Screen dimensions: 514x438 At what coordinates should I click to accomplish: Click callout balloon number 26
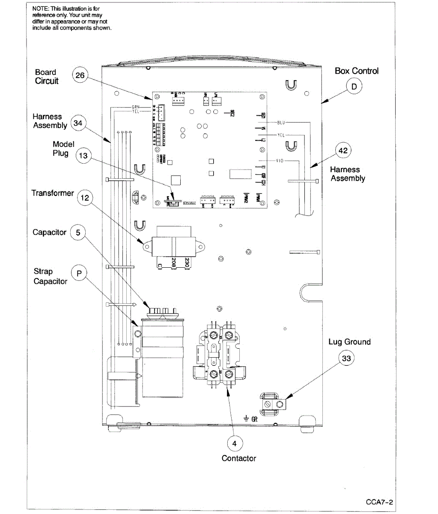click(80, 76)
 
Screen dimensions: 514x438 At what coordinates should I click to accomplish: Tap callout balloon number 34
click(77, 123)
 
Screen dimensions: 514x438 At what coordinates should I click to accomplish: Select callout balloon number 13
click(83, 155)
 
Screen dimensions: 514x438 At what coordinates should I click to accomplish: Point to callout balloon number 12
click(85, 197)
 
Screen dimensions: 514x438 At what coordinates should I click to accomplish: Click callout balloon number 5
click(78, 233)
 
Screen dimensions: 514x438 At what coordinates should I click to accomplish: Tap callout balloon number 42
click(343, 151)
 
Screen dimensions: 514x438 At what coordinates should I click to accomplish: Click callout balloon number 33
click(346, 359)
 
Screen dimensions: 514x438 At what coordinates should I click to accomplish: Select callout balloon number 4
click(234, 443)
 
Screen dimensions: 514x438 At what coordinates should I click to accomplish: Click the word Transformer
click(53, 193)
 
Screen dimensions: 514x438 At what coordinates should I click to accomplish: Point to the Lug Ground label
click(349, 342)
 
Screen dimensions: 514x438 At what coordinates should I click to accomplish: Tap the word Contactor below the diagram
click(238, 458)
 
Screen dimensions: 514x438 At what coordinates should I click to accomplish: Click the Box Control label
click(357, 71)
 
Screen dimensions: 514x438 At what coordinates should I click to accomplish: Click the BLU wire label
click(281, 123)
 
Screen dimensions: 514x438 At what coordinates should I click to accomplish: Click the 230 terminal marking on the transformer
click(187, 262)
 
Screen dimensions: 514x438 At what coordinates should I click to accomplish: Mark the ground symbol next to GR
click(247, 418)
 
